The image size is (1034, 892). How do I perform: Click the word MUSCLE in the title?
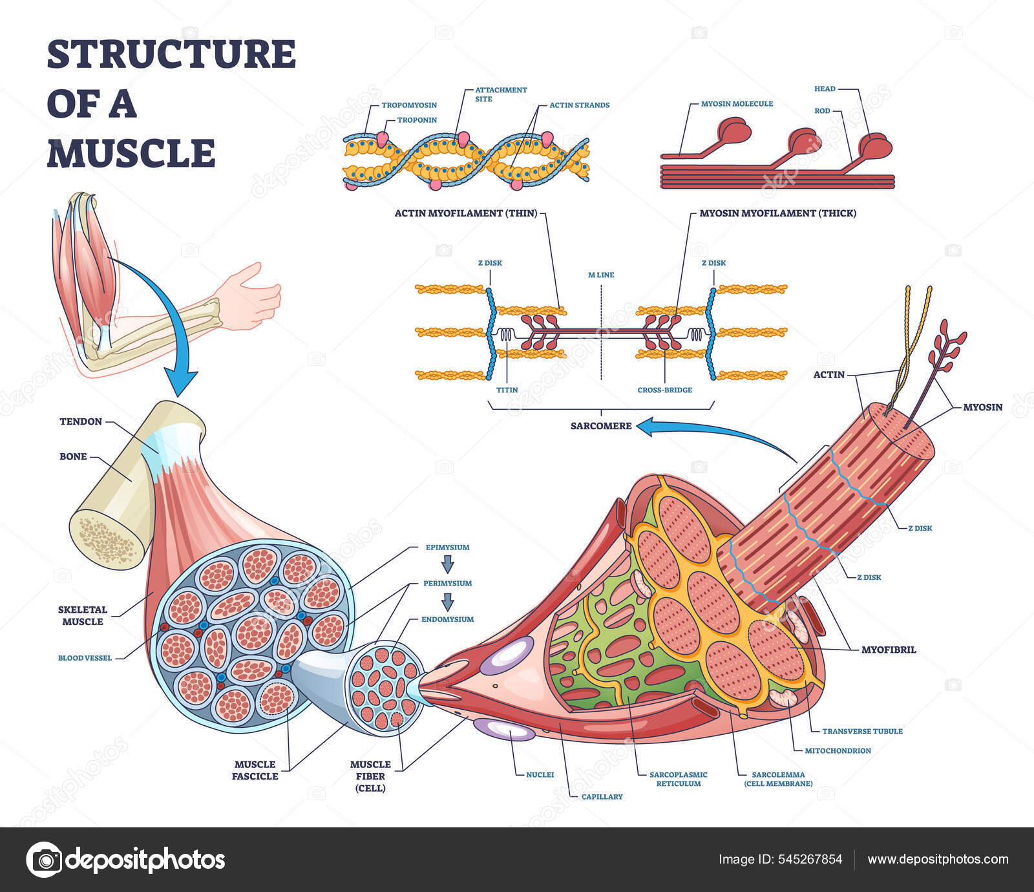131,153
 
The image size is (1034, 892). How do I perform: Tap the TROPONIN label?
417,120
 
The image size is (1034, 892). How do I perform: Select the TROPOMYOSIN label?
409,105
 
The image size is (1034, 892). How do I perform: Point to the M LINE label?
601,275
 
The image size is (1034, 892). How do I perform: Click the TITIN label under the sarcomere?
507,390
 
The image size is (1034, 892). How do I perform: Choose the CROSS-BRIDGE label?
664,390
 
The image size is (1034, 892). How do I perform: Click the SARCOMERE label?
600,426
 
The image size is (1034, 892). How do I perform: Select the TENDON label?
81,421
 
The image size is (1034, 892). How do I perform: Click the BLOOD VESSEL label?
85,658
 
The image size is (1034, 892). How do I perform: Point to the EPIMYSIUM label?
447,547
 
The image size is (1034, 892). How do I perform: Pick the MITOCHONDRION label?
838,750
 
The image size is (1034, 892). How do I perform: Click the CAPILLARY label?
602,796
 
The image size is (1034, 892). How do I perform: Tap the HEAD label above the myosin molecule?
825,89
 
